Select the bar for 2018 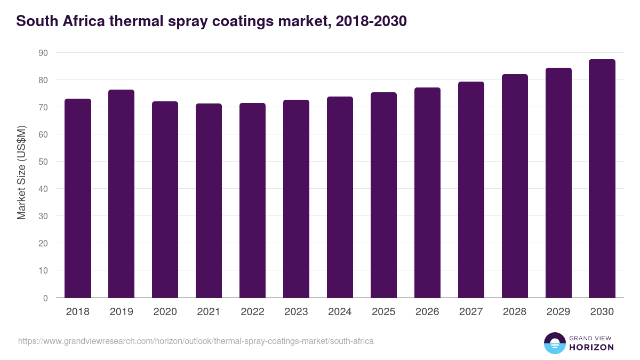(78, 198)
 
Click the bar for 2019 (122, 194)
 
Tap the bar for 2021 (209, 201)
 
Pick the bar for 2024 (340, 197)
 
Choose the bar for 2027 (471, 190)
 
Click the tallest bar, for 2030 (602, 179)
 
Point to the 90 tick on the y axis (43, 53)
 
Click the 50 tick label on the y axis (43, 162)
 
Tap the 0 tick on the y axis (45, 298)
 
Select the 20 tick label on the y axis (43, 243)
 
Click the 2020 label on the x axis (165, 312)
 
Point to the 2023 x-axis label (296, 312)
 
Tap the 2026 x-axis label (427, 312)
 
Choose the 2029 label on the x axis (558, 312)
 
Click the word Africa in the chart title (85, 21)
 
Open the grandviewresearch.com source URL (196, 341)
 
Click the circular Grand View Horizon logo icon (555, 343)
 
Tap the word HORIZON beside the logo (591, 347)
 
